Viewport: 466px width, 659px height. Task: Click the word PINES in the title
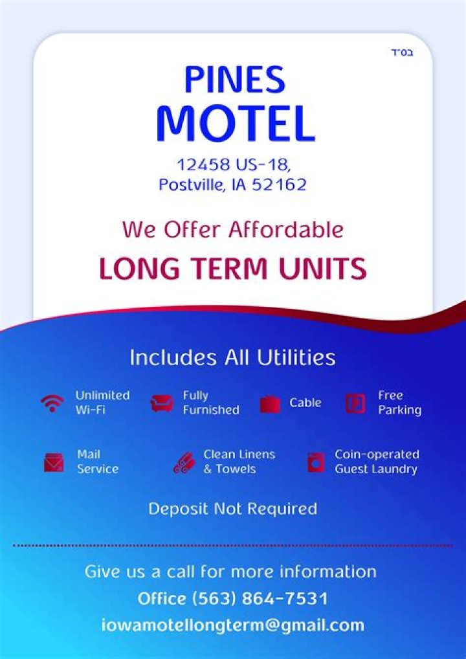tap(234, 80)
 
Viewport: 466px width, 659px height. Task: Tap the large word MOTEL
tap(235, 124)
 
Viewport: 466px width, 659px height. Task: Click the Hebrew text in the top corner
tap(401, 52)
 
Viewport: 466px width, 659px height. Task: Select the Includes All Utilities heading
tap(232, 357)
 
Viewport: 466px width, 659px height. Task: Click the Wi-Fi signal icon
tap(52, 403)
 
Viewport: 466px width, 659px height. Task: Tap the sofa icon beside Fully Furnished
tap(161, 403)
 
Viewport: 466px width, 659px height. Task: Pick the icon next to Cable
tap(270, 404)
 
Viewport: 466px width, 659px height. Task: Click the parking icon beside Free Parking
tap(355, 403)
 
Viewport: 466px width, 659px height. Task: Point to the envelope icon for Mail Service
tap(54, 463)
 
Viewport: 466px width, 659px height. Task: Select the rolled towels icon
tap(184, 463)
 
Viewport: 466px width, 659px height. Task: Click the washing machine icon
tap(315, 462)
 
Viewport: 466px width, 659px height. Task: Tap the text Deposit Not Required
tap(232, 509)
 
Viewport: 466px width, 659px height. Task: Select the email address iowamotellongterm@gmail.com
tap(232, 625)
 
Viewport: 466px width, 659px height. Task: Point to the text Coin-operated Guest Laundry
tap(377, 462)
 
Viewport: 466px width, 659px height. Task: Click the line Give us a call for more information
tap(230, 572)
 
